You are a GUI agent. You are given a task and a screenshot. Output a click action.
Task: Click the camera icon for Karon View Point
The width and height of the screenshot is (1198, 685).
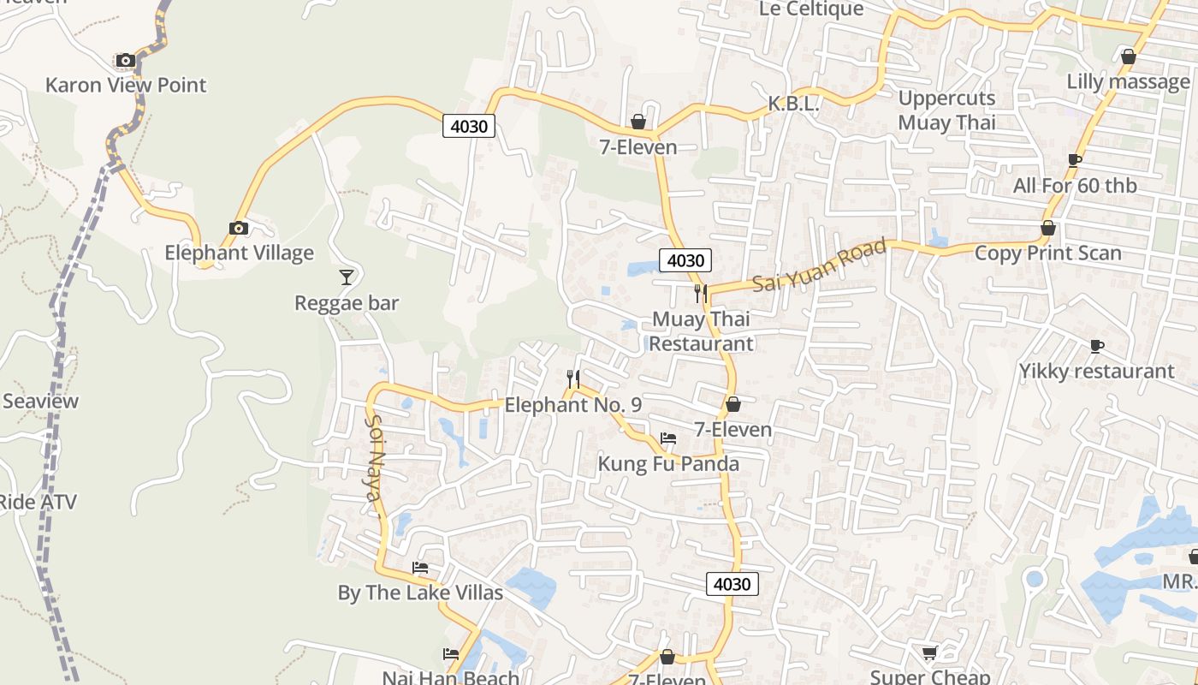pyautogui.click(x=126, y=60)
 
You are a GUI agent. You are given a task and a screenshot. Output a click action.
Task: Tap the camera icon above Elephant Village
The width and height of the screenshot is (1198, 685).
pyautogui.click(x=239, y=228)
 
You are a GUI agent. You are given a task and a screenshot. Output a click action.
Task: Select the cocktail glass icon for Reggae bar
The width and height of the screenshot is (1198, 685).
pyautogui.click(x=347, y=277)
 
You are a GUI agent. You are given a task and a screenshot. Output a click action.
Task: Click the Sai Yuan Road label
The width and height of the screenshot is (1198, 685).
pyautogui.click(x=819, y=265)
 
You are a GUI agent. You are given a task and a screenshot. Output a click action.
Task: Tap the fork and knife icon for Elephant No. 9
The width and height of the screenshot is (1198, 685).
pyautogui.click(x=573, y=378)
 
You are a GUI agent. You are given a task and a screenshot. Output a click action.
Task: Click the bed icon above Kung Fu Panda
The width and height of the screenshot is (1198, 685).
pyautogui.click(x=668, y=438)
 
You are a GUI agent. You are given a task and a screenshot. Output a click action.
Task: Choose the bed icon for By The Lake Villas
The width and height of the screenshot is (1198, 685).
pyautogui.click(x=420, y=567)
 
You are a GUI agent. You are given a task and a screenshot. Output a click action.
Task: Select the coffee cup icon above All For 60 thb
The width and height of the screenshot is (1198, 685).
pyautogui.click(x=1075, y=160)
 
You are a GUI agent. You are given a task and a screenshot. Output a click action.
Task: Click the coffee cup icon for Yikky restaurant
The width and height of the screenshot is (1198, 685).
pyautogui.click(x=1097, y=346)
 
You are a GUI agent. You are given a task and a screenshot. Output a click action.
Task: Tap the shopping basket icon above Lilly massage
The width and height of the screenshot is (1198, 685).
pyautogui.click(x=1129, y=57)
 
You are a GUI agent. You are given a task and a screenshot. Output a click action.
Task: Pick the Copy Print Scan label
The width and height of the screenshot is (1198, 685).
pyautogui.click(x=1047, y=253)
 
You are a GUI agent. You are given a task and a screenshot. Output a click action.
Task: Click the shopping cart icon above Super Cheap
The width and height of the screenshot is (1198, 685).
pyautogui.click(x=929, y=652)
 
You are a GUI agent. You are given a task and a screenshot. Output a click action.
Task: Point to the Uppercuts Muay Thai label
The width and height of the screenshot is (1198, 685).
pyautogui.click(x=946, y=110)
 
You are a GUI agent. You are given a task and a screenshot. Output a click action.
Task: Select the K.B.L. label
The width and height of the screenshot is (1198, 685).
pyautogui.click(x=793, y=104)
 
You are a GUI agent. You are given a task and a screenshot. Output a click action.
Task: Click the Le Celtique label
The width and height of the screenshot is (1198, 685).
pyautogui.click(x=812, y=9)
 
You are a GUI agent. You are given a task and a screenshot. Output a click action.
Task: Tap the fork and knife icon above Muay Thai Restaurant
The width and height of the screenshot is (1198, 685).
pyautogui.click(x=701, y=294)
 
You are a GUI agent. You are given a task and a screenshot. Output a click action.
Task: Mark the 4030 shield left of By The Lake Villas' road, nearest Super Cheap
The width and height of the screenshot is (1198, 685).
pyautogui.click(x=732, y=584)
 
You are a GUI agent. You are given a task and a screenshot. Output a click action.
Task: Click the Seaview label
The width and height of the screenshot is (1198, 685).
pyautogui.click(x=39, y=401)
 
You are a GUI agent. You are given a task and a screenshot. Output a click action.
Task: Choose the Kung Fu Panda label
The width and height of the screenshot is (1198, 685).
pyautogui.click(x=668, y=464)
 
